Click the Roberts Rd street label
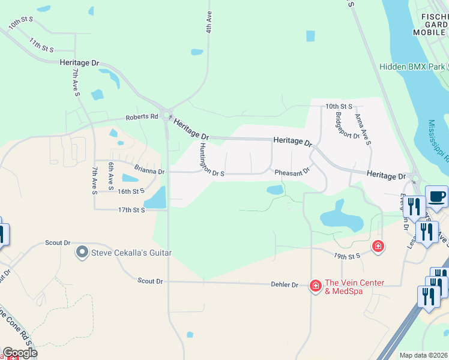tap(141, 117)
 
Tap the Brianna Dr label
tap(149, 171)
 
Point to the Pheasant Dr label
tap(292, 172)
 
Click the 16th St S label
tap(131, 191)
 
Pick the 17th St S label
tap(131, 210)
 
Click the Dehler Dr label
tap(285, 284)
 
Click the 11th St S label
tap(42, 44)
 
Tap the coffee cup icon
tap(436, 196)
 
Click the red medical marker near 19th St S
tap(378, 246)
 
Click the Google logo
tap(20, 353)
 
